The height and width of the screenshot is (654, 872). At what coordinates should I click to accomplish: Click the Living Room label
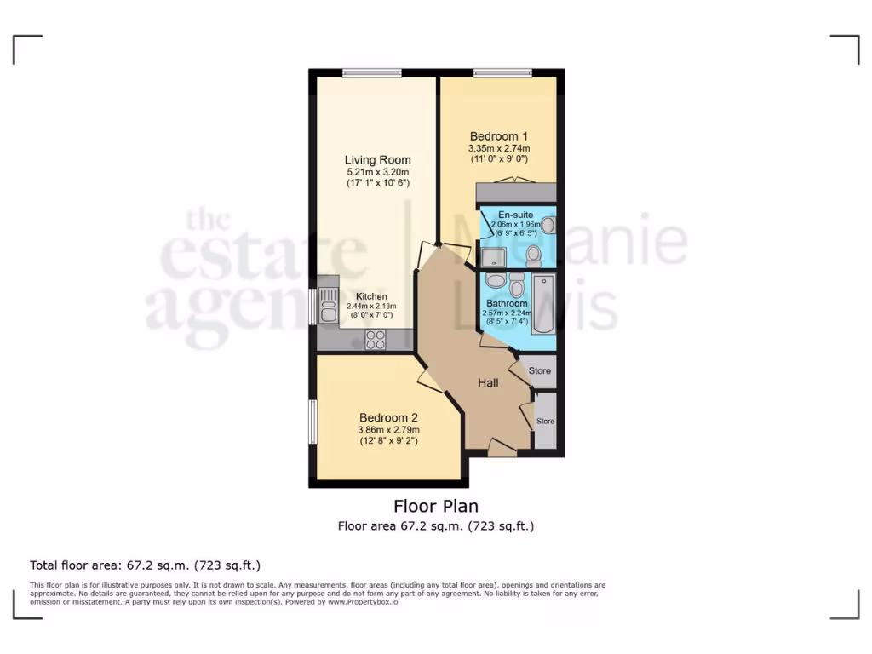point(377,160)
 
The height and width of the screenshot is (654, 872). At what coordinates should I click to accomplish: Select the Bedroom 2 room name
point(388,418)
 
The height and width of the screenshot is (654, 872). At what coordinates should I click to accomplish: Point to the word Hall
point(488,383)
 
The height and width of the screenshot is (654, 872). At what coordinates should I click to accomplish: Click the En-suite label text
point(515,215)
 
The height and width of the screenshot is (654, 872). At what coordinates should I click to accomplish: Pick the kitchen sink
point(328,306)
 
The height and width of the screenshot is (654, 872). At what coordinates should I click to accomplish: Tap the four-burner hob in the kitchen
point(376,340)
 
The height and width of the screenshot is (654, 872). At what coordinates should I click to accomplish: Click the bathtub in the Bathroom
point(542,304)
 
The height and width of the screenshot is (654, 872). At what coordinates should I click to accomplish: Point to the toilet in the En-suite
point(534,254)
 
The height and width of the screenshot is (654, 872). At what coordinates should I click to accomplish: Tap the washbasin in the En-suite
point(548,225)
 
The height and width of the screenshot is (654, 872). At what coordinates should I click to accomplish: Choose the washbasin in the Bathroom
point(495,281)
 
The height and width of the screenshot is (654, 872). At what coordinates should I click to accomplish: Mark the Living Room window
point(372,73)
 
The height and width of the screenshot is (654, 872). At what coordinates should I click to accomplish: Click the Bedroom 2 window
point(313,421)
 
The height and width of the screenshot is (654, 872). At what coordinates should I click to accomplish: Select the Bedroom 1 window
point(502,73)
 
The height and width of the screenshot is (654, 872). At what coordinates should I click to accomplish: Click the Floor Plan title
point(435,506)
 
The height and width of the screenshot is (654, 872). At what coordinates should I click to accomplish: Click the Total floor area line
point(145,565)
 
